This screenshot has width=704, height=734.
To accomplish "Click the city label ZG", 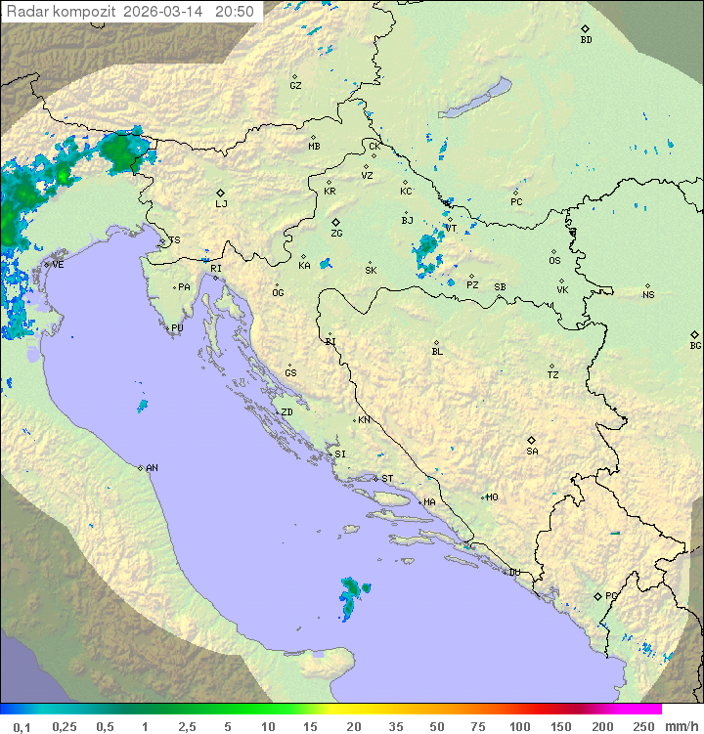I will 336,235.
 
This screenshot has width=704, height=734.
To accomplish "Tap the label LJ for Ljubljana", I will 221,204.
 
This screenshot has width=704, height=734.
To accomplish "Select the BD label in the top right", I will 586,40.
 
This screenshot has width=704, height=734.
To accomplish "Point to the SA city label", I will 532,452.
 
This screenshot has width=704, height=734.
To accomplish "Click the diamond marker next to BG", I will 694,334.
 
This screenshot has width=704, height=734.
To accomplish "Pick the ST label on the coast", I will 387,479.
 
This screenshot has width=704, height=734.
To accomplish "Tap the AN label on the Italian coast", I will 152,468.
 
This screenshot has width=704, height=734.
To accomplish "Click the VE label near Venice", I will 58,265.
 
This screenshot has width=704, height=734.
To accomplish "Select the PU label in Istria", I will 177,328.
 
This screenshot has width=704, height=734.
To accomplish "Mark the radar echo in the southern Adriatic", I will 351,593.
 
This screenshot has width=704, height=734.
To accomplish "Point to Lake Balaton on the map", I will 474,99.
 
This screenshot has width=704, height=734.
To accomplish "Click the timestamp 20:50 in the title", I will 235,12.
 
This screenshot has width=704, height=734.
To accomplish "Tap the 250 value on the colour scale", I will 642,726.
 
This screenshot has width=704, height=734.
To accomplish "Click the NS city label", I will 648,295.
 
